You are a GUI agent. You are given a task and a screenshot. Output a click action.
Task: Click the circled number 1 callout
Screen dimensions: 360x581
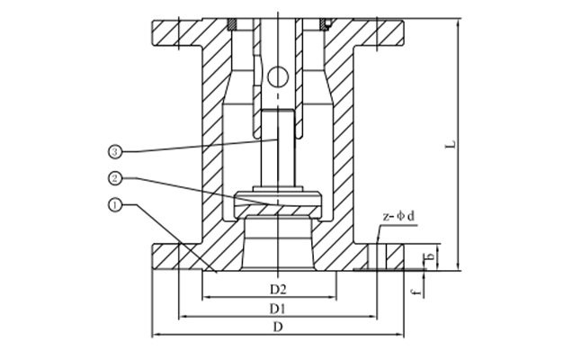coord(114,206)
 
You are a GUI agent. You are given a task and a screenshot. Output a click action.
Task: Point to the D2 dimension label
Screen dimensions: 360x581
coord(278,289)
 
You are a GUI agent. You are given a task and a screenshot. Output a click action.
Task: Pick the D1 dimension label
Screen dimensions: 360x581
coord(278,308)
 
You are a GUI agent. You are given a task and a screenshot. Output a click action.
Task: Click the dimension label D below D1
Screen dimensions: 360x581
coord(278,327)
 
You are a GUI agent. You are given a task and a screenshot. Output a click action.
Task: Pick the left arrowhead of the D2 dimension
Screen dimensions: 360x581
coord(204,297)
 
